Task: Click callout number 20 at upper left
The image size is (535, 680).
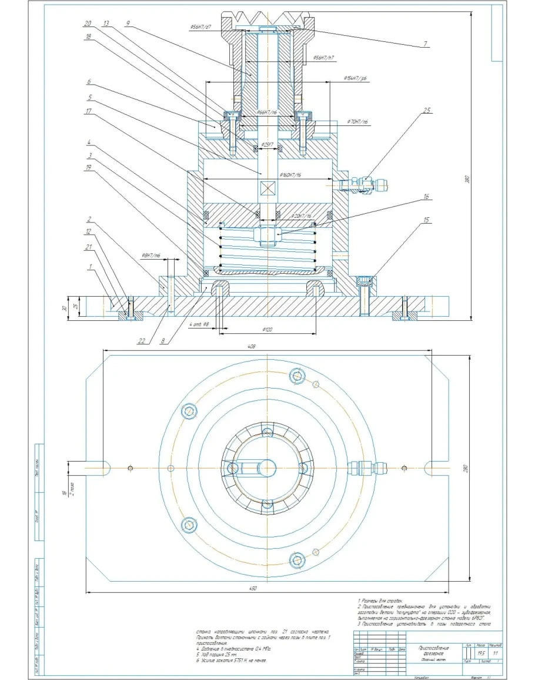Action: tap(88, 24)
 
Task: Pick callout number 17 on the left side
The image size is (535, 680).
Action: tap(88, 111)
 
